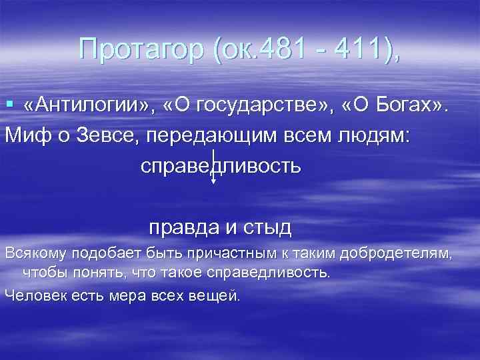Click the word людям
pyautogui.click(x=376, y=133)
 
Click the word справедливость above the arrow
pyautogui.click(x=221, y=164)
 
